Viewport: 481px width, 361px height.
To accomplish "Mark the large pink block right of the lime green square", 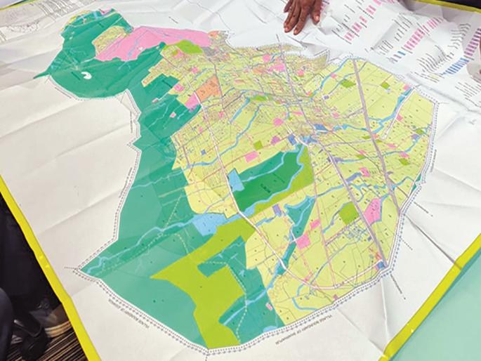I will coord(373,208).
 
